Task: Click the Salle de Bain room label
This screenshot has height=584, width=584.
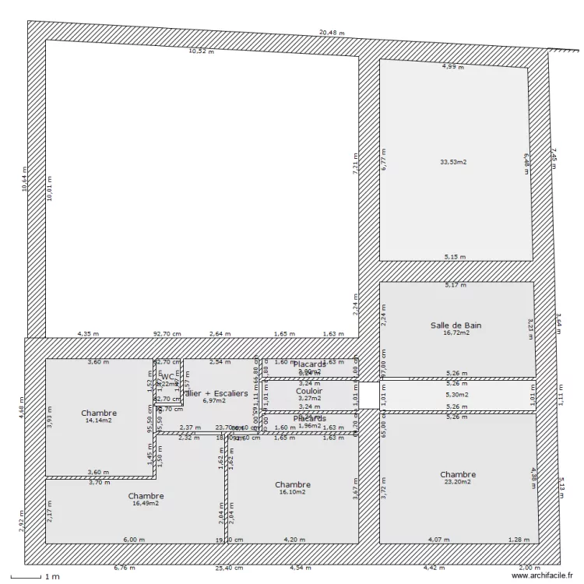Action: pyautogui.click(x=456, y=325)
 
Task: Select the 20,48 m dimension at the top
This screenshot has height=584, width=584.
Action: pyautogui.click(x=332, y=33)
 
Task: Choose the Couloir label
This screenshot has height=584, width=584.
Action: pyautogui.click(x=309, y=391)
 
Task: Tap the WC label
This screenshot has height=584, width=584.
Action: pyautogui.click(x=167, y=377)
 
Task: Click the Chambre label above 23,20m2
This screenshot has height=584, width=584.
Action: pyautogui.click(x=458, y=474)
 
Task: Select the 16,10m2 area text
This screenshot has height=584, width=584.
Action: pyautogui.click(x=293, y=492)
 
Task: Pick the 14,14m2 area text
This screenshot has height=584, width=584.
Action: pyautogui.click(x=99, y=420)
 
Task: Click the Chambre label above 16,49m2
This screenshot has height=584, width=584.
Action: pyautogui.click(x=146, y=496)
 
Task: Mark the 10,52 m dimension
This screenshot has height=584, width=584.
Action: pyautogui.click(x=201, y=51)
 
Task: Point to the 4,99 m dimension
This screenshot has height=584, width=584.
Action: pyautogui.click(x=452, y=67)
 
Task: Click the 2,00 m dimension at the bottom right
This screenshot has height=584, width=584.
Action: pyautogui.click(x=530, y=568)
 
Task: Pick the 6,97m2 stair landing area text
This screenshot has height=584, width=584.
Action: pyautogui.click(x=213, y=401)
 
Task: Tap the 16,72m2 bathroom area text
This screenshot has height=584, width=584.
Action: pyautogui.click(x=456, y=333)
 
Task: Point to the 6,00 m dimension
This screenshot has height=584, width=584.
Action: pyautogui.click(x=134, y=539)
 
